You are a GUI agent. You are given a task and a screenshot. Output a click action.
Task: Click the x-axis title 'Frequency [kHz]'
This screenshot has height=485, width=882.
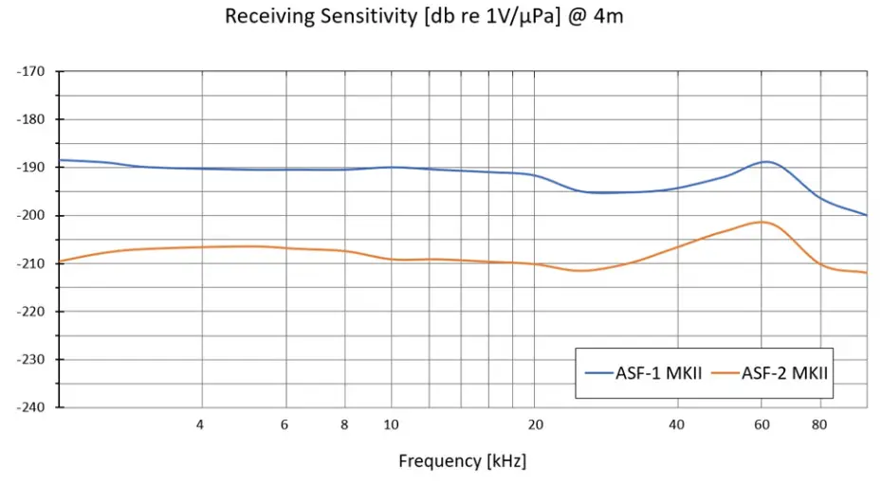(x=462, y=461)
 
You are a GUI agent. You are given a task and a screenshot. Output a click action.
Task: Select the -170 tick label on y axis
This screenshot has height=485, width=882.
(x=32, y=71)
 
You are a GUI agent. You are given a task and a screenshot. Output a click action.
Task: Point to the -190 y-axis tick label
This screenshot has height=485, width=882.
(x=32, y=168)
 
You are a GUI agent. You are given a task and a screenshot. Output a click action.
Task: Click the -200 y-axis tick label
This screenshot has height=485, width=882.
(x=32, y=215)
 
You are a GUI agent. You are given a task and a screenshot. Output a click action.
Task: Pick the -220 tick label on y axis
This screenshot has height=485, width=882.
(x=32, y=312)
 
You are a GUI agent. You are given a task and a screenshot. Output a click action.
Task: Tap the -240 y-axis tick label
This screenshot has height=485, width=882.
(x=32, y=407)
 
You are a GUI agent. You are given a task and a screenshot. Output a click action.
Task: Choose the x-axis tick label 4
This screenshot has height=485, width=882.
(x=200, y=424)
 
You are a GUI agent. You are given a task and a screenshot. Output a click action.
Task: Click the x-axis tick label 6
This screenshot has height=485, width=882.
(x=285, y=424)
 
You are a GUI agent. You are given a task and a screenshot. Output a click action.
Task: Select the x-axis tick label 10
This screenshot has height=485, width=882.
(x=391, y=424)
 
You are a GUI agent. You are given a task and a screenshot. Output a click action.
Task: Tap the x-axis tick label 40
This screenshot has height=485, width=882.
(x=677, y=424)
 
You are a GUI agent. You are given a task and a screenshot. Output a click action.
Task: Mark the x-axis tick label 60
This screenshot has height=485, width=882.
(x=761, y=424)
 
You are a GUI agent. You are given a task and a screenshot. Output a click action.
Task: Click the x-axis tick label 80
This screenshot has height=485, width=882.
(x=820, y=424)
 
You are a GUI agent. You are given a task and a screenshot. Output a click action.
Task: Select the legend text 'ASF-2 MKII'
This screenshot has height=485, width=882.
(x=785, y=373)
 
